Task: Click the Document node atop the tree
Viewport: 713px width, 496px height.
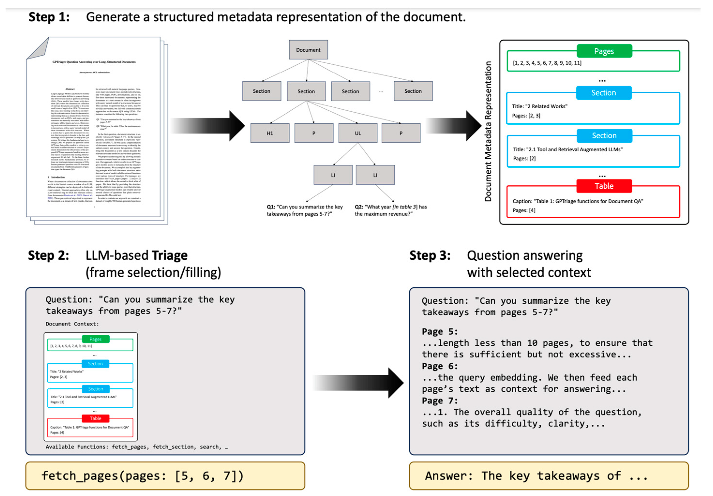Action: click(308, 50)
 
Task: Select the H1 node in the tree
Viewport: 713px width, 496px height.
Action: click(270, 133)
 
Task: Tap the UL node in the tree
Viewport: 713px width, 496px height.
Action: click(358, 133)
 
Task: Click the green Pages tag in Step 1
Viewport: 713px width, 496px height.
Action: click(604, 51)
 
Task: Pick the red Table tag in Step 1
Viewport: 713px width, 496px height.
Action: click(604, 186)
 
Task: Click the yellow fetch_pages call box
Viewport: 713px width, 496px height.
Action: click(165, 475)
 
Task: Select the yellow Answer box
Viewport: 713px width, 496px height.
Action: click(549, 475)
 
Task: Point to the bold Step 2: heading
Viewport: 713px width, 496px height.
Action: click(48, 255)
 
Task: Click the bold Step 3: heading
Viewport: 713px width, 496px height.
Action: click(430, 255)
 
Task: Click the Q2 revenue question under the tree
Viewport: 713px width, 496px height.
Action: click(391, 210)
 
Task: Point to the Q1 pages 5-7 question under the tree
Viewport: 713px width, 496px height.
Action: click(305, 210)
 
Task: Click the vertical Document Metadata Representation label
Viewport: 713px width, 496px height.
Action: click(488, 131)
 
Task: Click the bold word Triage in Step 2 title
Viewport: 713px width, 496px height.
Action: click(170, 255)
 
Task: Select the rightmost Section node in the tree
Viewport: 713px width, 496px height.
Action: click(413, 91)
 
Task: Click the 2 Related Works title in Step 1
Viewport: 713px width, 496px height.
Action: click(540, 106)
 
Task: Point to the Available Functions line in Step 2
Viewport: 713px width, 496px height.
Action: click(137, 447)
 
